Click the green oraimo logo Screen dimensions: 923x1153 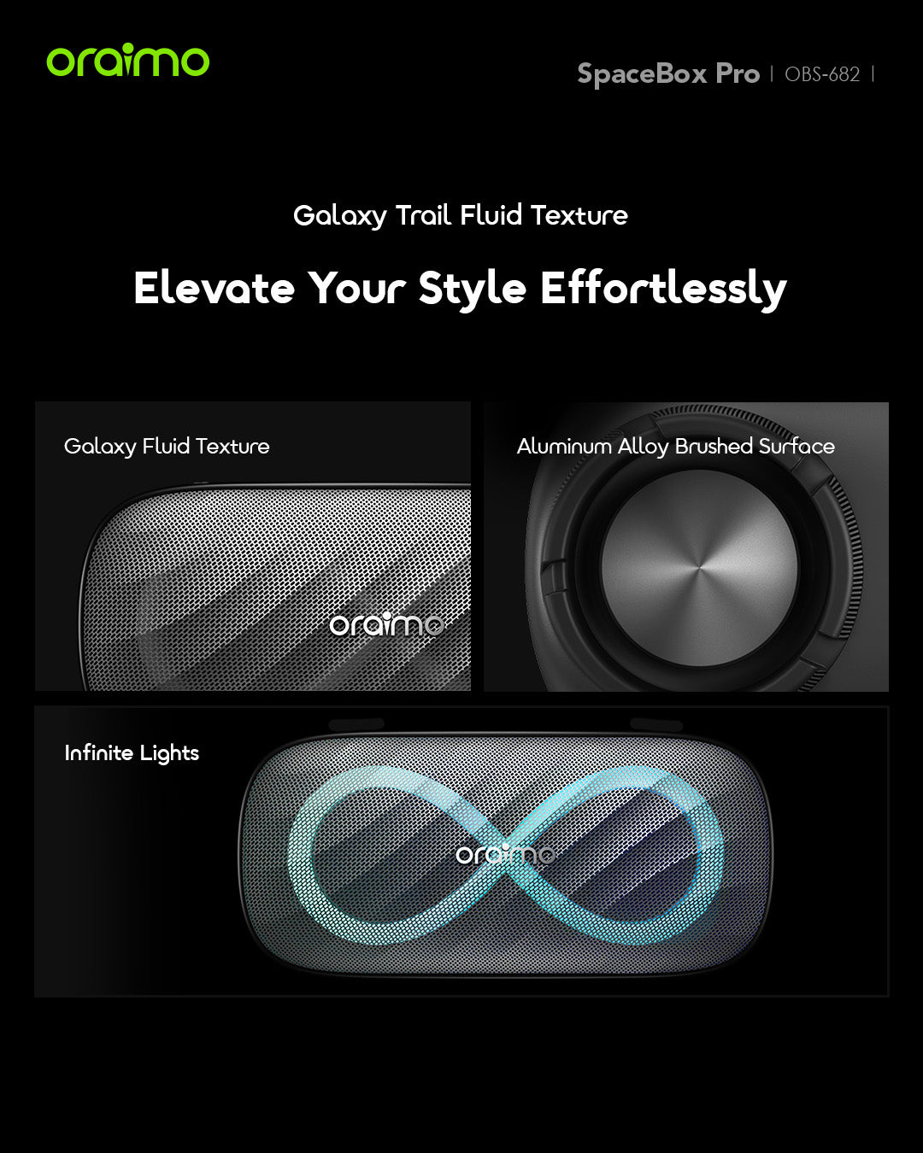click(x=127, y=60)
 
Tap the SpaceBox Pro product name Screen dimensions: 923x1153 click(x=668, y=74)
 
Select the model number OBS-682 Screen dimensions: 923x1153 click(x=821, y=74)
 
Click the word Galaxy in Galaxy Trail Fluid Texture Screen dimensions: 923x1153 click(x=339, y=216)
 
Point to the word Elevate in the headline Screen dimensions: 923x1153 click(x=214, y=288)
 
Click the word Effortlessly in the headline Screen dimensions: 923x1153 click(x=663, y=290)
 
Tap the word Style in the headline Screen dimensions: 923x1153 click(x=472, y=290)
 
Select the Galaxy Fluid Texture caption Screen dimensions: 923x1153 click(x=167, y=447)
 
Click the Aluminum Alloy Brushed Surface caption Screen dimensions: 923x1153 click(x=676, y=447)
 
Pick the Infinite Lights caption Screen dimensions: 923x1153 click(x=132, y=753)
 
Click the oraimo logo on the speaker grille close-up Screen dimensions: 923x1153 click(x=386, y=624)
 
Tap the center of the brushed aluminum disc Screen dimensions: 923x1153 click(x=699, y=568)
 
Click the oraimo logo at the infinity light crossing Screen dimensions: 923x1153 click(x=505, y=853)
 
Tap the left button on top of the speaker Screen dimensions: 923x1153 click(x=356, y=724)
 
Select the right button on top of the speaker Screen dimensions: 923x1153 click(x=656, y=724)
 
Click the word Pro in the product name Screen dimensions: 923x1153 click(x=738, y=74)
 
